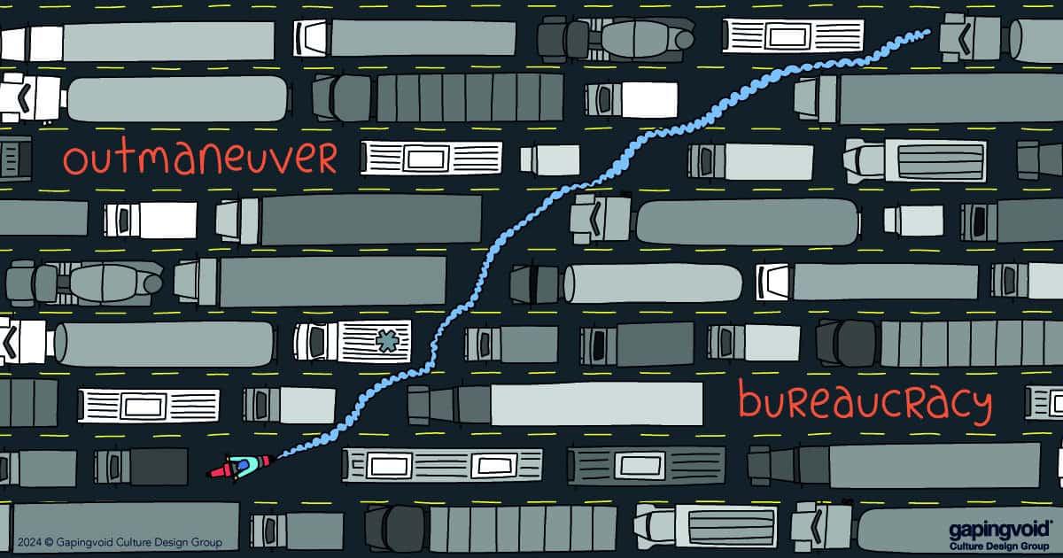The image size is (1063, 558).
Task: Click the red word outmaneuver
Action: [200, 159]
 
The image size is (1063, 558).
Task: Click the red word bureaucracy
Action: [864, 403]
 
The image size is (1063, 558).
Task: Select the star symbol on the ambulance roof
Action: [385, 339]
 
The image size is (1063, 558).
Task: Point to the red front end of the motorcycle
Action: [215, 472]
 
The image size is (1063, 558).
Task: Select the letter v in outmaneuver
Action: [285, 160]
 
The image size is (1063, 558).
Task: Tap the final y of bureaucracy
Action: [977, 407]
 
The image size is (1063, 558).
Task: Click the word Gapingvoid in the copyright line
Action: [89, 542]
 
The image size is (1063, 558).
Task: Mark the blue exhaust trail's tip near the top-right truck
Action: [926, 33]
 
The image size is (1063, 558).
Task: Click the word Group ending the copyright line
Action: [206, 542]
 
